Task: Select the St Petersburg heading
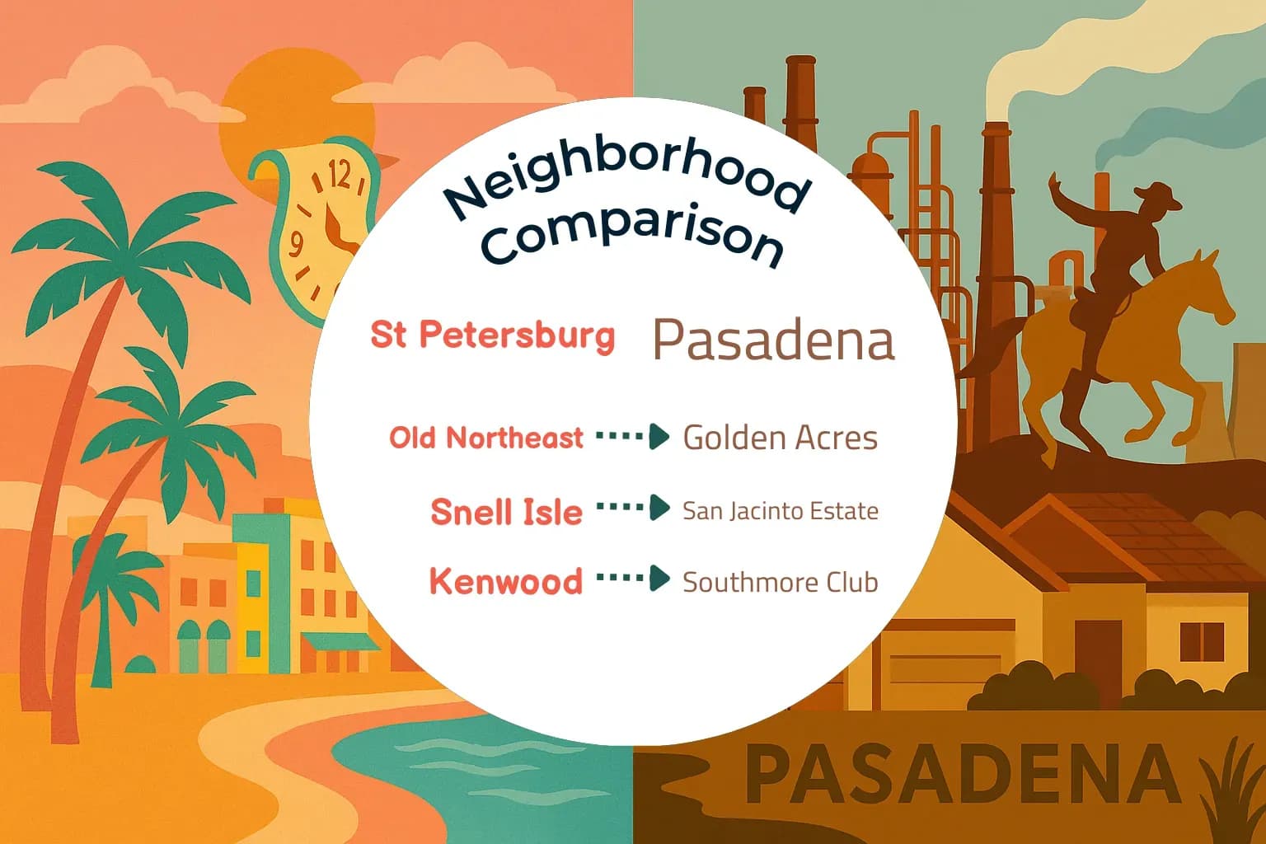(x=493, y=335)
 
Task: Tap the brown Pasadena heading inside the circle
(x=773, y=340)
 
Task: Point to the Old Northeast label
(x=486, y=438)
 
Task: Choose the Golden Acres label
(x=780, y=438)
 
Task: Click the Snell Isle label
(x=506, y=512)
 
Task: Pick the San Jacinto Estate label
(x=780, y=511)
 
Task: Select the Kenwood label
(x=505, y=581)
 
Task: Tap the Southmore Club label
(x=780, y=582)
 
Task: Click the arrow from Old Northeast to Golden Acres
(x=633, y=436)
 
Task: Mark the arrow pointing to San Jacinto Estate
(x=633, y=508)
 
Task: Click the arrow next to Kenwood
(x=633, y=579)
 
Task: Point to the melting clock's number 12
(x=339, y=176)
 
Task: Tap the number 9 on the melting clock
(x=296, y=244)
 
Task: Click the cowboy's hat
(x=1157, y=196)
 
